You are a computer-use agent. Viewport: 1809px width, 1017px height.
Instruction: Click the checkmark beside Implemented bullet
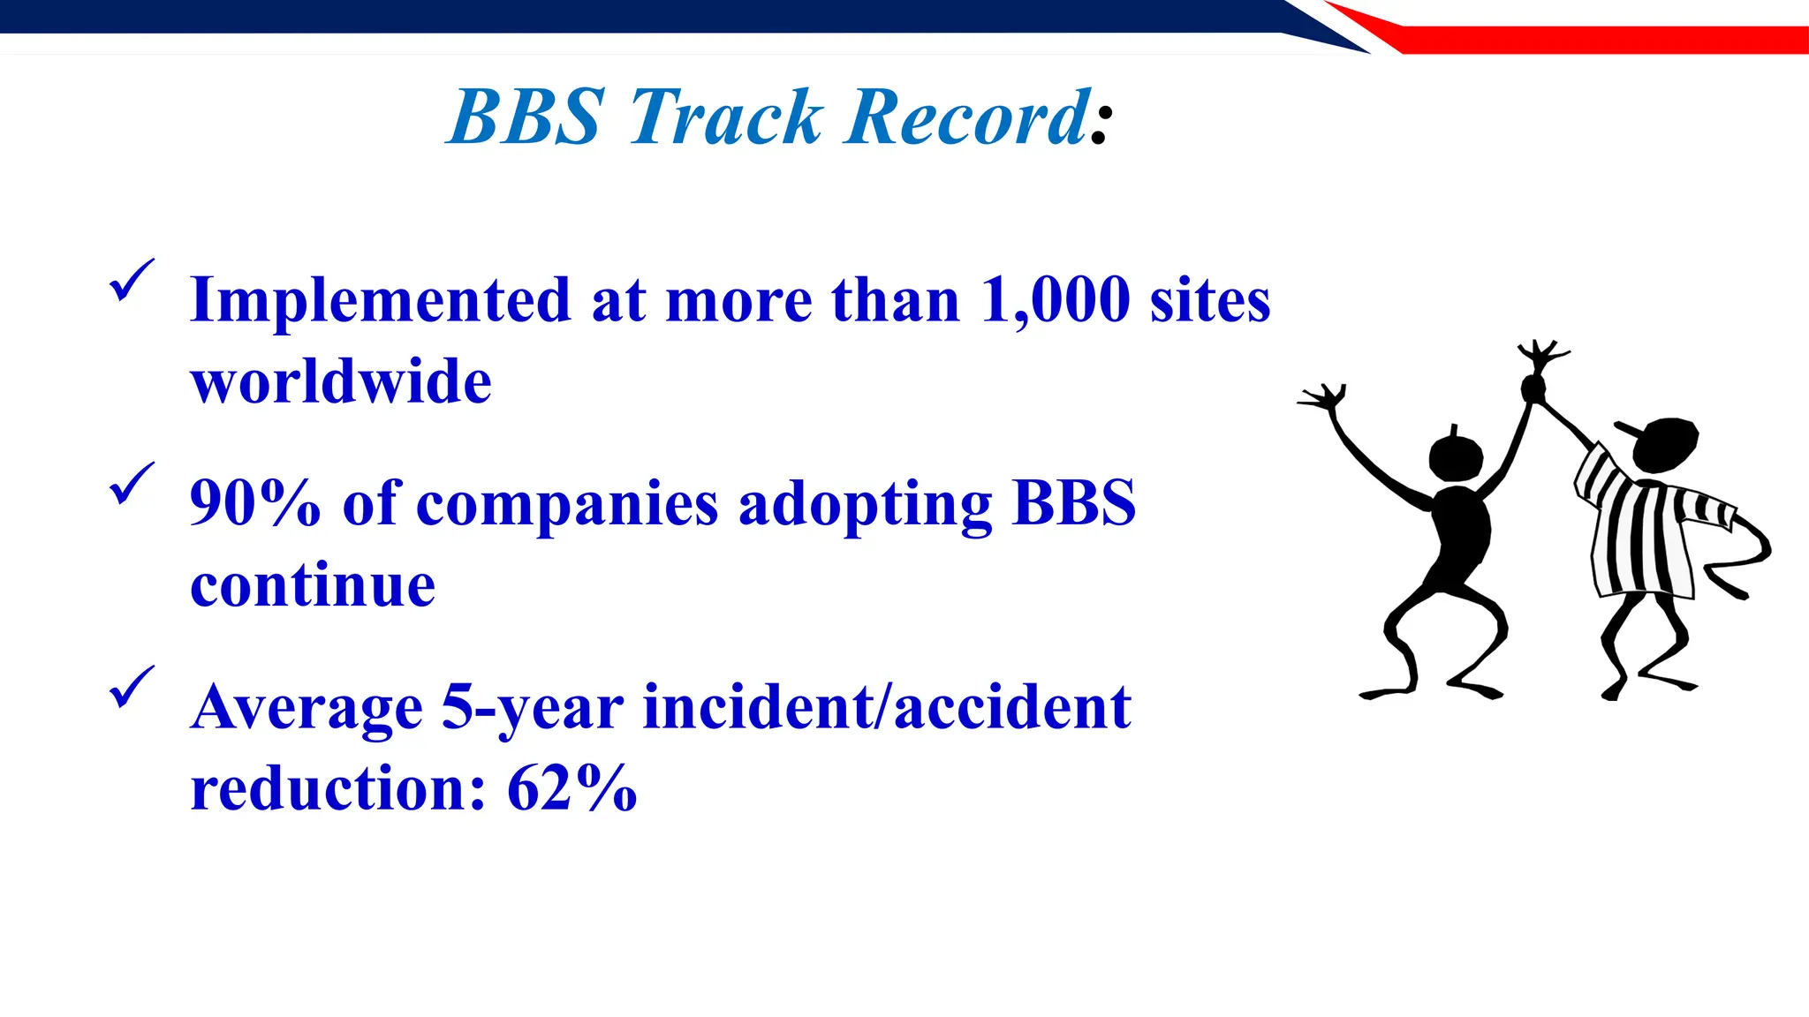coord(132,282)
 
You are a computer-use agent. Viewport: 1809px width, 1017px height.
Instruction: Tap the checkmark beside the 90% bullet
coord(132,485)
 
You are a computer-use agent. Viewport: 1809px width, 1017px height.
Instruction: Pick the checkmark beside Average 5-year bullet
coord(132,688)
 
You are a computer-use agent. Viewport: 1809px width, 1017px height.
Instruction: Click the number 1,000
coord(1056,300)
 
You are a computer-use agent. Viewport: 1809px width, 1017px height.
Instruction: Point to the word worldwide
coord(341,381)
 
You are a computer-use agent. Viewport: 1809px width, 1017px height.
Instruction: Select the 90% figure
coord(254,503)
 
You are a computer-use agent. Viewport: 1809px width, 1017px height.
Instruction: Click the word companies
coord(567,505)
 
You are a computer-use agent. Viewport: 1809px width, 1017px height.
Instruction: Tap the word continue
coord(313,584)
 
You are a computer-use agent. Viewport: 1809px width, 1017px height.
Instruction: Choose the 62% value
coord(571,787)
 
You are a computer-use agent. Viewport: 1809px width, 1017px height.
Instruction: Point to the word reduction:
coord(338,787)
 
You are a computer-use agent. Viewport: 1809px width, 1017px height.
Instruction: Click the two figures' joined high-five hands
coord(1533,386)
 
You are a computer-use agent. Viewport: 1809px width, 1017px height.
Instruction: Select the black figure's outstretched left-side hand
coord(1322,398)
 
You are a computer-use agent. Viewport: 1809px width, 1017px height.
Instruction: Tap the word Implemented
coord(380,300)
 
